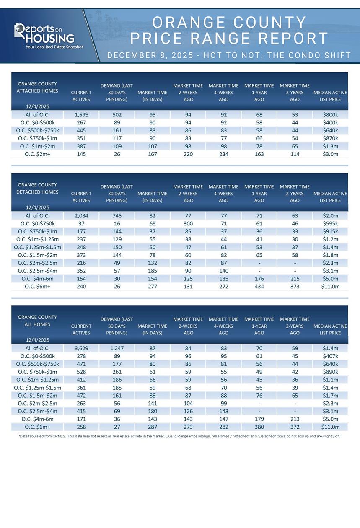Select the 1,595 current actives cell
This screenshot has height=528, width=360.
coord(81,114)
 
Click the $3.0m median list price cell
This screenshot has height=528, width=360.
coord(330,154)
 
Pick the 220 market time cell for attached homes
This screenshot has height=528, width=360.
coord(188,154)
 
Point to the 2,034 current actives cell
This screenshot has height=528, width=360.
coord(81,216)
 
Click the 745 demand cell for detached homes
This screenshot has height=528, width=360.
coord(117,216)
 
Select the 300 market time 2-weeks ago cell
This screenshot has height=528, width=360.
coord(188,223)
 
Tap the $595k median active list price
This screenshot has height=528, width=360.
coord(330,223)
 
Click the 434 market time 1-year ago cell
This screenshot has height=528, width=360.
coord(259,287)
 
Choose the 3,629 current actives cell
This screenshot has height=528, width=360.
coord(81,348)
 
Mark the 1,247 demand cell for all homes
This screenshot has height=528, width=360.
coord(117,348)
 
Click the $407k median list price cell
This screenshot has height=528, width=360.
coord(330,356)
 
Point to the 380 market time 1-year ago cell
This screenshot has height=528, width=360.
coord(259,427)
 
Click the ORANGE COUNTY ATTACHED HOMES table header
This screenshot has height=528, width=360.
coord(37,87)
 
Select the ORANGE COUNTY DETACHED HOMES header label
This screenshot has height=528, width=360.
coord(37,189)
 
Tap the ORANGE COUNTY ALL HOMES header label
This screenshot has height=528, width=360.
coord(37,321)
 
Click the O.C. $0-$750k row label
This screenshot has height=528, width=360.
coord(37,223)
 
